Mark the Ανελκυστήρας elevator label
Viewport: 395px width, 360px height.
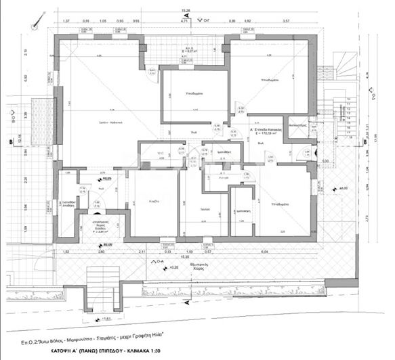tap(299, 126)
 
